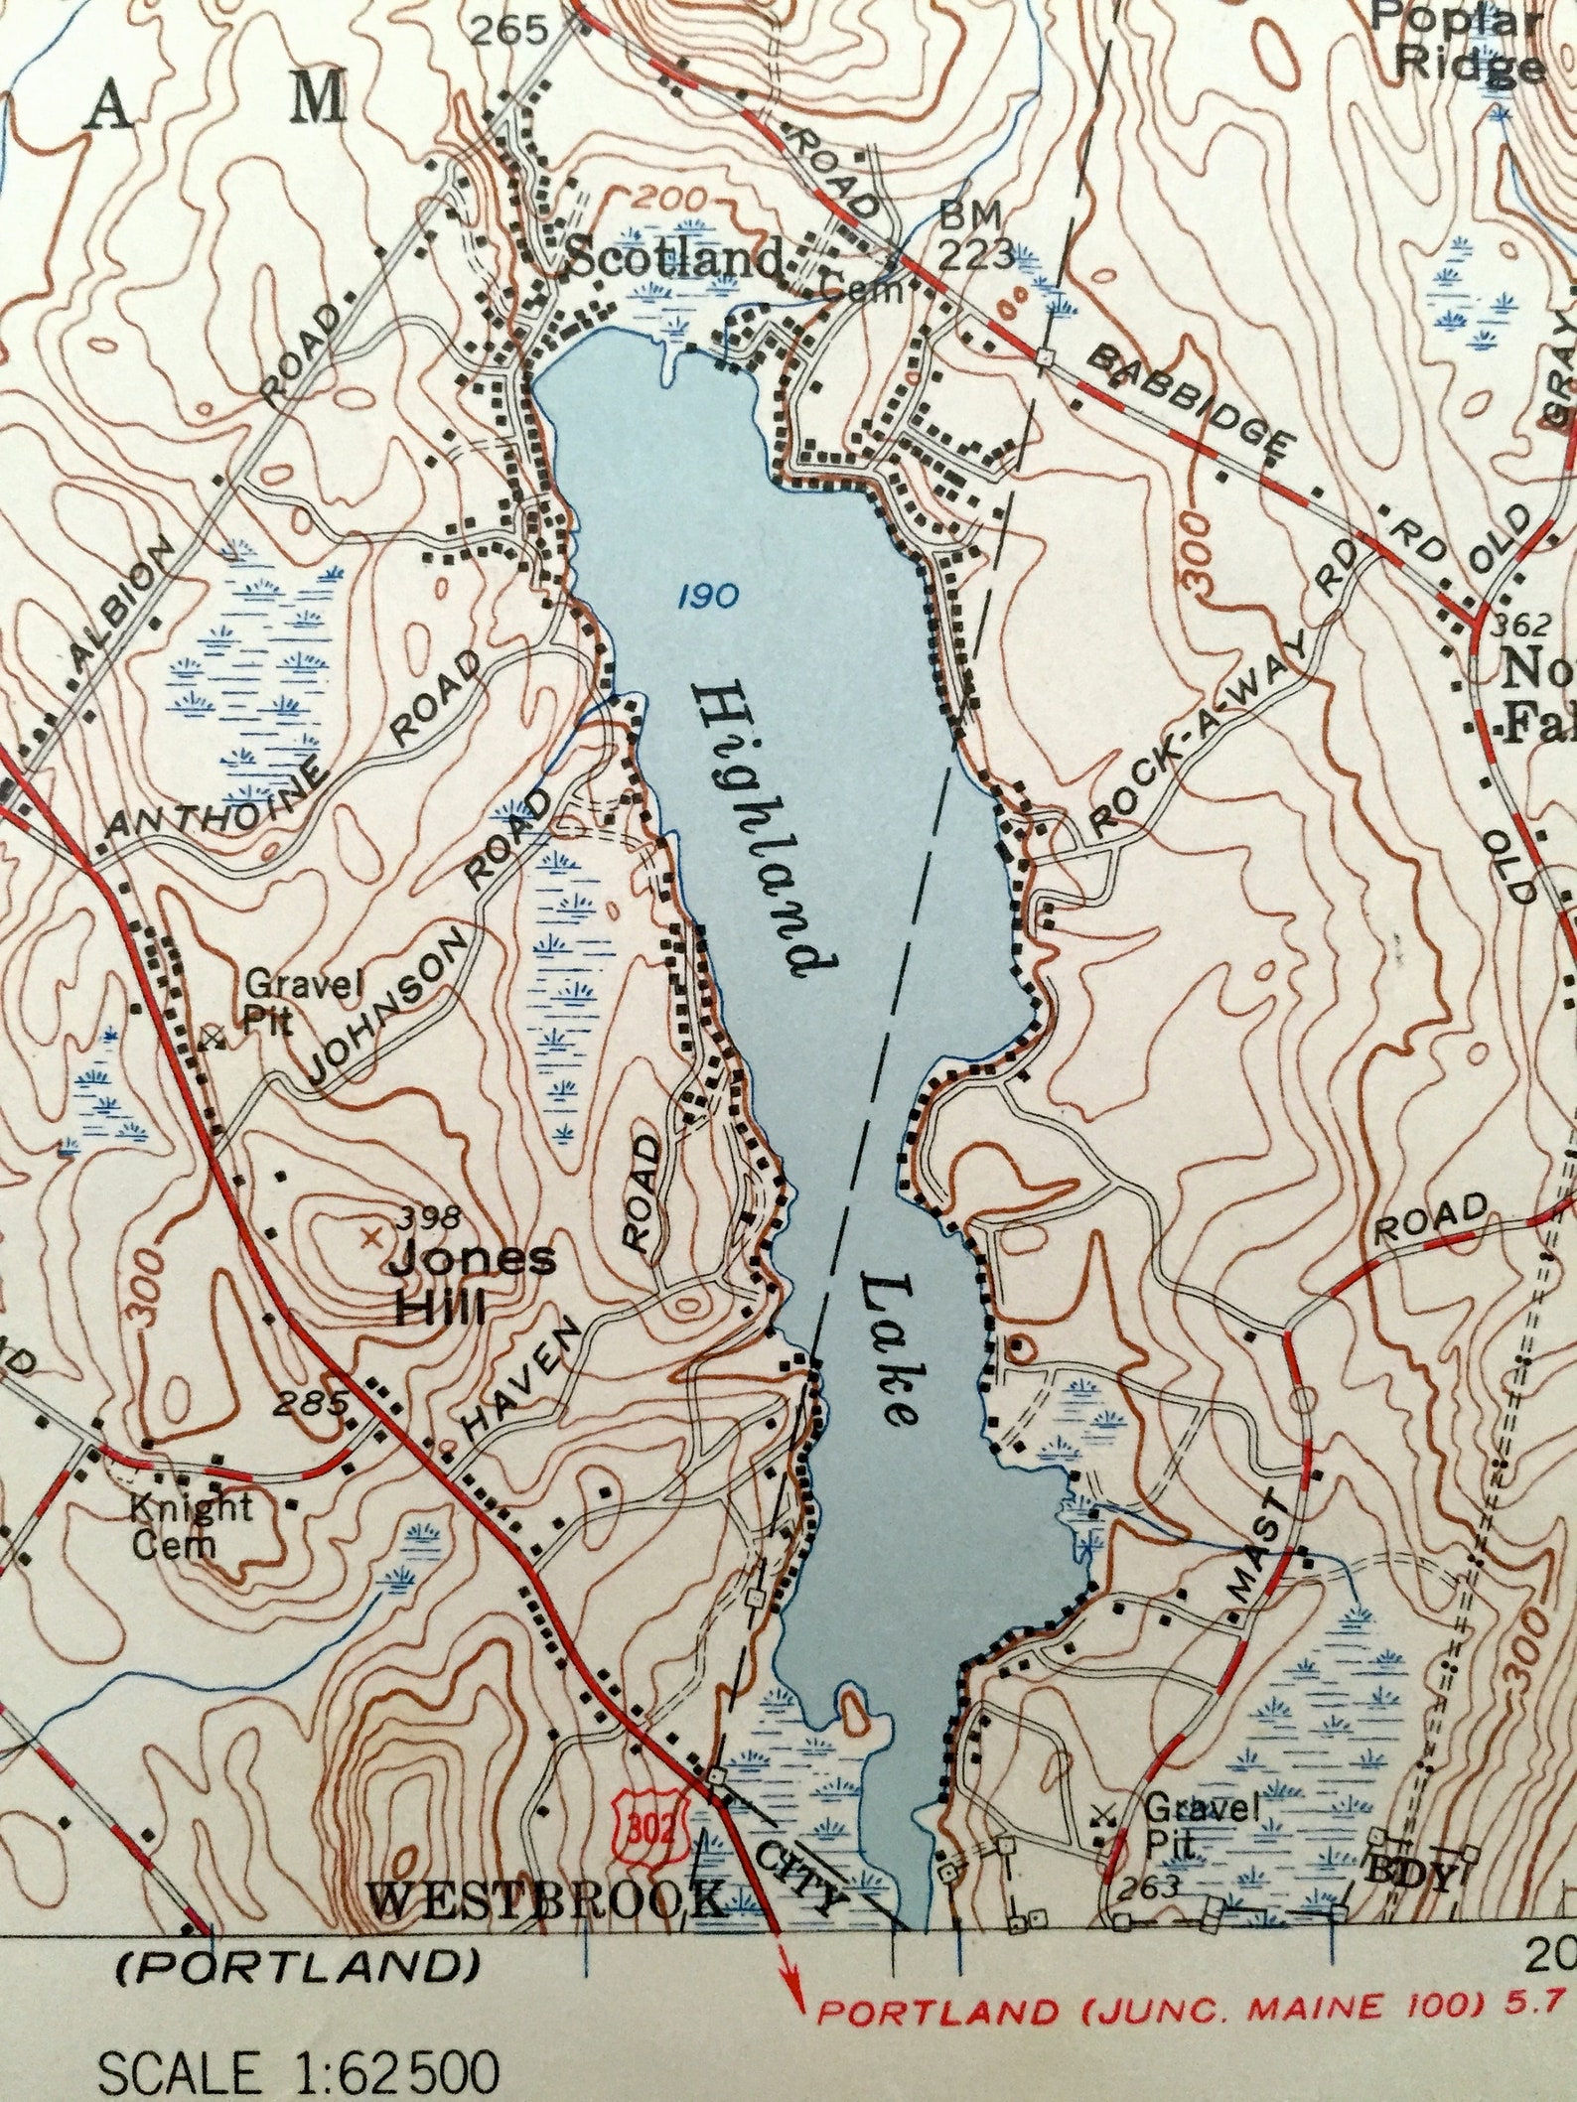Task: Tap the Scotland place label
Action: pos(675,261)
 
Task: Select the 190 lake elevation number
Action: pos(709,597)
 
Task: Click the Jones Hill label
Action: pos(459,1284)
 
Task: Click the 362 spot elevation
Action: pos(1520,624)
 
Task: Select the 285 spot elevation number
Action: pos(312,1403)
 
